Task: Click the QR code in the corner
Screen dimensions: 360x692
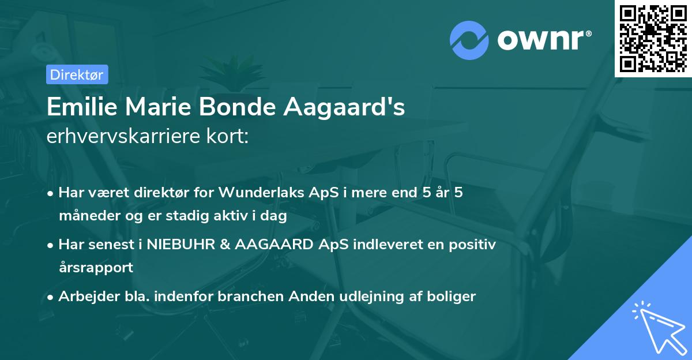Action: click(653, 38)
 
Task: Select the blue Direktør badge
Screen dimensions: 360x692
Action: click(77, 74)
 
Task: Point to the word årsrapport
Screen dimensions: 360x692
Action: click(96, 267)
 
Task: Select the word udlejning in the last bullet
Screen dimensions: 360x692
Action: click(360, 297)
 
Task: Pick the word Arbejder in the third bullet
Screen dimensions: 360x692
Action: click(82, 297)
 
